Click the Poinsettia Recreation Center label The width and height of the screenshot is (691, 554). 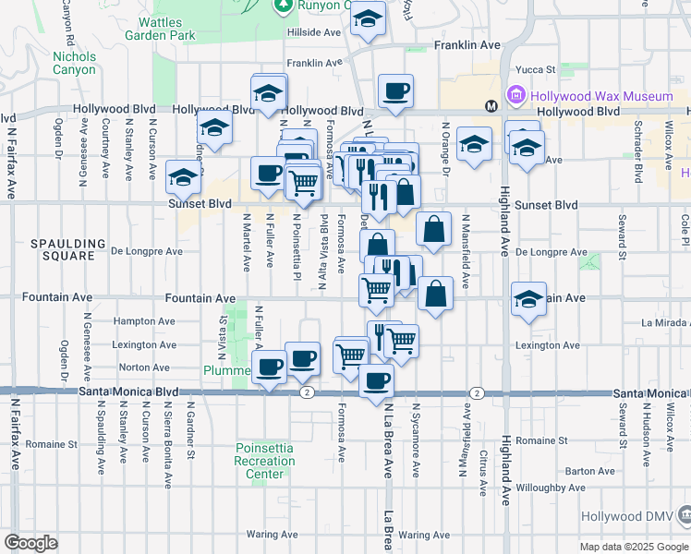coord(263,461)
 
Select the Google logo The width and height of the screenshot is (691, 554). coord(30,543)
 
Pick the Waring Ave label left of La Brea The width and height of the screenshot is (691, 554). coord(273,535)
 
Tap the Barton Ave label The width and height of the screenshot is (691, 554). coord(589,470)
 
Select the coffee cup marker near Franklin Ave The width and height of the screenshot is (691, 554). coord(395,90)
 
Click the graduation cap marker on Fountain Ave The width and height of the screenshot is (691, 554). coord(528,298)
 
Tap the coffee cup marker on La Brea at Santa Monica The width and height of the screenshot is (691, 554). coord(375,379)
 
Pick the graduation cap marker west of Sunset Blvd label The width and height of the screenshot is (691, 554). coord(183,175)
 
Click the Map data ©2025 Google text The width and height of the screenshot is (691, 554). coord(633,547)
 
